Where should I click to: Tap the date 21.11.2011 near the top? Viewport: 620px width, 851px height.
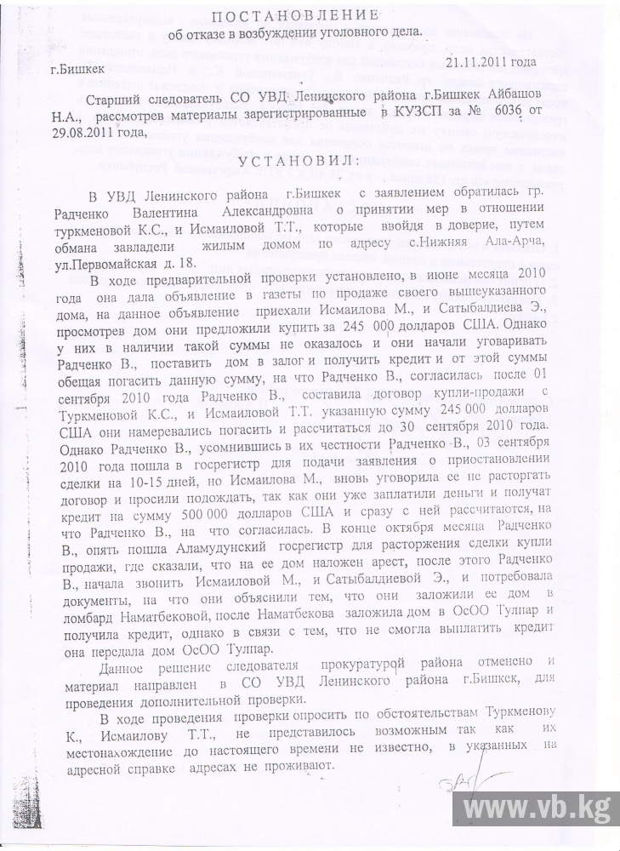tap(488, 62)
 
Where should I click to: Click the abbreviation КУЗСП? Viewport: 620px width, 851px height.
tap(416, 113)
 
